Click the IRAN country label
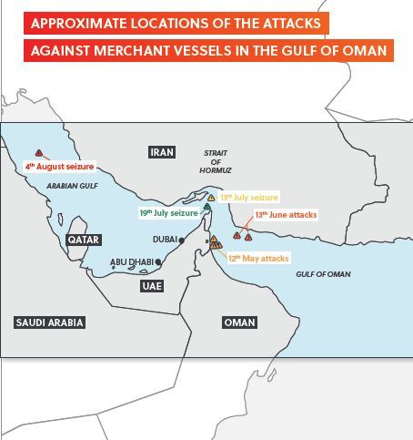click(x=162, y=152)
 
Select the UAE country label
click(x=151, y=285)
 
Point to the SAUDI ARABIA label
click(x=50, y=322)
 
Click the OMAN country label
click(x=239, y=322)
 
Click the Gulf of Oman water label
click(x=323, y=274)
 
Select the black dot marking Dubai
click(x=183, y=240)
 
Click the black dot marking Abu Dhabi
click(x=159, y=262)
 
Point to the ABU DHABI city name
click(x=132, y=262)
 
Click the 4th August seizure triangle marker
click(x=38, y=154)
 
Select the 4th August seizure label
click(x=60, y=167)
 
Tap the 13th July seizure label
click(x=248, y=197)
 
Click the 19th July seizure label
click(x=168, y=212)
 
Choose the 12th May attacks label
click(x=258, y=259)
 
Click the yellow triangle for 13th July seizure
click(x=211, y=197)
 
